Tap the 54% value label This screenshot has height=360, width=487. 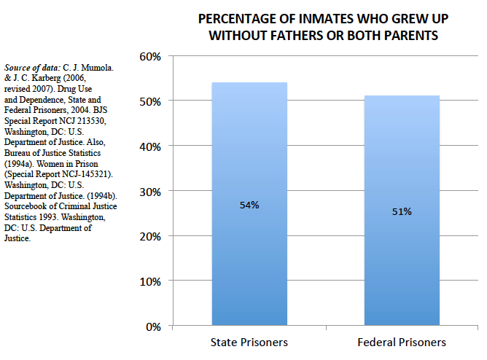tap(249, 205)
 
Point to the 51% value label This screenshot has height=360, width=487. tap(402, 211)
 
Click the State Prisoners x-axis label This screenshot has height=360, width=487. tap(249, 343)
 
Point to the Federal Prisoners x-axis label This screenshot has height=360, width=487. tap(402, 343)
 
